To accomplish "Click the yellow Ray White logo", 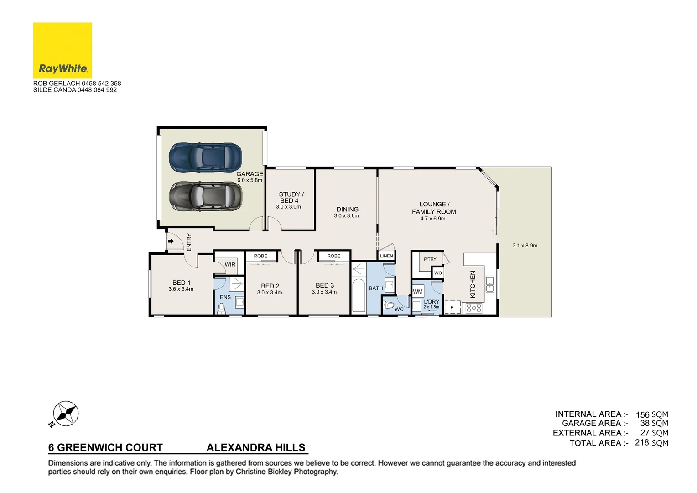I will (62, 50).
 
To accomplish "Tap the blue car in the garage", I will (205, 157).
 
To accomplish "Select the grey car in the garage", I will (205, 196).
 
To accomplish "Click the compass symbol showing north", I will (66, 414).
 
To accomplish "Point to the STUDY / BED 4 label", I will (291, 197).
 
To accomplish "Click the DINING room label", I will (347, 210).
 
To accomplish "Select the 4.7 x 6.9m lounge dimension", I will (433, 219).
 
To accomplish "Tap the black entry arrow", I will (171, 241).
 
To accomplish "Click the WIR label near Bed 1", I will (230, 265).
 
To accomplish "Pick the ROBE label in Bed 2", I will (260, 256).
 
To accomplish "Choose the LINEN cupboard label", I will (386, 256).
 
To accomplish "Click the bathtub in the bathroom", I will (359, 296).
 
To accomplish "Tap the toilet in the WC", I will (389, 305).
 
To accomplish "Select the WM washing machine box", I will (418, 292).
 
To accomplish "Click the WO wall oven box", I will (438, 273).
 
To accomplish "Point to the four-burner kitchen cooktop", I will (474, 309).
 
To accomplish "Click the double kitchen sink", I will (489, 284).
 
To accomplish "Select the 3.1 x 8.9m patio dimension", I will (525, 246).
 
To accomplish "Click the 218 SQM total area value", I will (651, 443).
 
